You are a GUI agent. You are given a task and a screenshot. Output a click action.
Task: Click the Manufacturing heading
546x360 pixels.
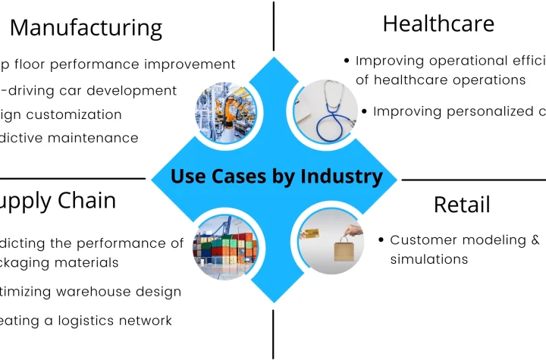click(86, 28)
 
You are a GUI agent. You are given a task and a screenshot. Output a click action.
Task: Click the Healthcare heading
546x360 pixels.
click(438, 23)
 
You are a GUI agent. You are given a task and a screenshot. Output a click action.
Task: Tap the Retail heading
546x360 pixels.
click(462, 205)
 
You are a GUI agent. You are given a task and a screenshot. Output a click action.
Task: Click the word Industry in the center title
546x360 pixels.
click(341, 177)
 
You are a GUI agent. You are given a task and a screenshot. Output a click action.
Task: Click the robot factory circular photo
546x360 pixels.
click(227, 113)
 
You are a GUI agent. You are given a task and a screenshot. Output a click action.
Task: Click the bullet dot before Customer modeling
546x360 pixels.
click(381, 240)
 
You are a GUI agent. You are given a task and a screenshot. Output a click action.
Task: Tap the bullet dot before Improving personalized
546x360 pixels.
click(364, 111)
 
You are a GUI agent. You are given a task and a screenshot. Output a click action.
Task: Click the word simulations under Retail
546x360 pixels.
click(428, 259)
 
